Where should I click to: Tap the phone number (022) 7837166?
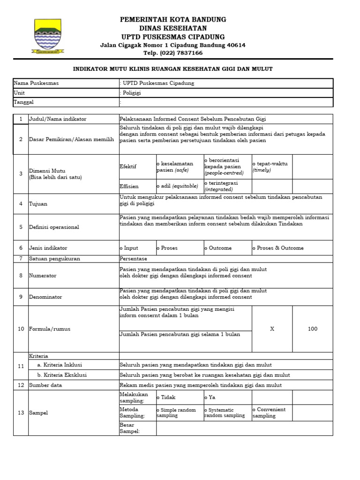point(173,53)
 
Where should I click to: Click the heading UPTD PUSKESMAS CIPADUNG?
point(173,37)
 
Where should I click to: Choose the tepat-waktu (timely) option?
point(271,167)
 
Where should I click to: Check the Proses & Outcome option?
point(279,248)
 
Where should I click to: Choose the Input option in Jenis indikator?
point(130,248)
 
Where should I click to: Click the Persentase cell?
point(134,259)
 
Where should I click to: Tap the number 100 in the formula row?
point(312,329)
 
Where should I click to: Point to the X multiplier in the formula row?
point(272,329)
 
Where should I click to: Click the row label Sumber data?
point(45,385)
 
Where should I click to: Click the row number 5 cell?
point(21,227)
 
